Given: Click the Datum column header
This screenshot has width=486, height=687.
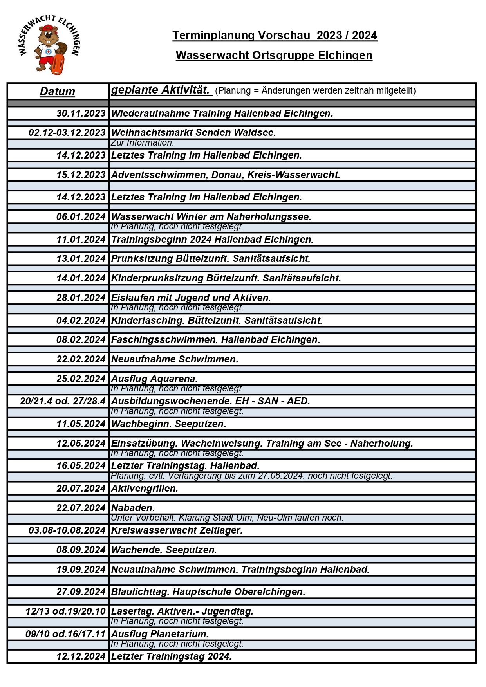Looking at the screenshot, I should (58, 91).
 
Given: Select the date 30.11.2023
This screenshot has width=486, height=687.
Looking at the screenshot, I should (81, 114).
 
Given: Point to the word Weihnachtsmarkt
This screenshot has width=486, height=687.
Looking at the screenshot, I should (152, 133).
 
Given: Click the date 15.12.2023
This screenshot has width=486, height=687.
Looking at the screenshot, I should (81, 175).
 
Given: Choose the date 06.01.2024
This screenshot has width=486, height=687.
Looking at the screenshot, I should (81, 217).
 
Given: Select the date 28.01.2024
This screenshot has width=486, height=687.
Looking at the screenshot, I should (81, 298).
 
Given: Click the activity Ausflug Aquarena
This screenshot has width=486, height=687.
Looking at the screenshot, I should (154, 379).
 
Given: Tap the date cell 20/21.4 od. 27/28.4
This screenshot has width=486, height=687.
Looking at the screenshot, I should (63, 401).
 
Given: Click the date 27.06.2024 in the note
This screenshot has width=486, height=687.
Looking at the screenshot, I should (280, 476).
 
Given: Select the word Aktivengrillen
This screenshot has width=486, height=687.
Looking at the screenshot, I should (145, 489).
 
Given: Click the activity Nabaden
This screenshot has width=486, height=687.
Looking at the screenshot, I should (133, 508).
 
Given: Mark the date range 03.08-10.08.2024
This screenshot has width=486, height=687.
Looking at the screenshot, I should (67, 530).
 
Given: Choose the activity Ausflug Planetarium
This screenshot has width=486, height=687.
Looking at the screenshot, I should (160, 634).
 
